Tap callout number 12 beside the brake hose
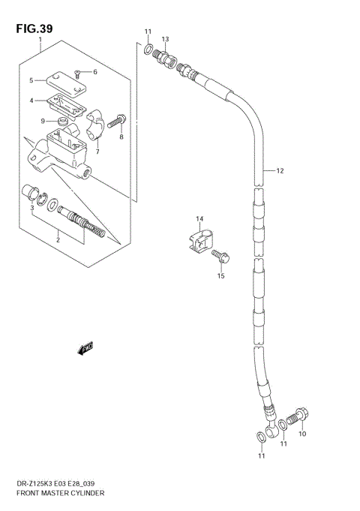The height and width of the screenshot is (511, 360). click(280, 171)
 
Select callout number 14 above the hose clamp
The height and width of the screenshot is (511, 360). click(200, 219)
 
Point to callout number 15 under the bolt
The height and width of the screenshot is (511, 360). click(221, 276)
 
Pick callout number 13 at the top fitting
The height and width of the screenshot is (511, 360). click(165, 38)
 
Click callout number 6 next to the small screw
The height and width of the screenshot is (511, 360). click(95, 72)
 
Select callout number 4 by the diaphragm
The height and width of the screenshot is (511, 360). click(32, 101)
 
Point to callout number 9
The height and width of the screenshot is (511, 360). click(43, 121)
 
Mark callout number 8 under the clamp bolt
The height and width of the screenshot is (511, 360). click(121, 137)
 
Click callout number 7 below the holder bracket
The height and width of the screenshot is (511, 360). click(97, 151)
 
